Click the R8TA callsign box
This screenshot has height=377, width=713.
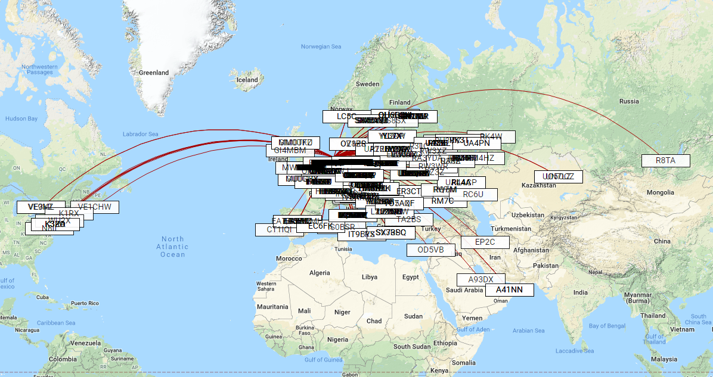pyautogui.click(x=665, y=160)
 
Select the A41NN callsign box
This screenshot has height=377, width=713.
pyautogui.click(x=509, y=290)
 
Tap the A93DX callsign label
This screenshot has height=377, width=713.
pyautogui.click(x=480, y=279)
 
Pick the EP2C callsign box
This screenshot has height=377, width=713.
pyautogui.click(x=485, y=242)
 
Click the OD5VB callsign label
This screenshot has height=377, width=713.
pyautogui.click(x=430, y=250)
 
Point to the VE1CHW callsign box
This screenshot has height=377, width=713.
pyautogui.click(x=94, y=207)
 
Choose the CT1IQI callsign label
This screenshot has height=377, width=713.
pyautogui.click(x=279, y=229)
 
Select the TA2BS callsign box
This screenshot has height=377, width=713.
pyautogui.click(x=408, y=219)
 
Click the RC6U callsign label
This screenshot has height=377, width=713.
pyautogui.click(x=473, y=194)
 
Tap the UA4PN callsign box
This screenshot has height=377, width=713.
pyautogui.click(x=476, y=143)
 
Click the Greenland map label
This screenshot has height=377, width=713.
pyautogui.click(x=154, y=73)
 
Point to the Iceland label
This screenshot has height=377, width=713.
pyautogui.click(x=247, y=80)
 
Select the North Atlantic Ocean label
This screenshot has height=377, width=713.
pyautogui.click(x=172, y=247)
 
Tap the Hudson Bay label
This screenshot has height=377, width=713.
pyautogui.click(x=21, y=119)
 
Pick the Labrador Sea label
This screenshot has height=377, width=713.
pyautogui.click(x=141, y=134)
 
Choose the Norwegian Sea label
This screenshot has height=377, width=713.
pyautogui.click(x=321, y=46)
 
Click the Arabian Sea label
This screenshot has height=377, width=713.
pyautogui.click(x=528, y=331)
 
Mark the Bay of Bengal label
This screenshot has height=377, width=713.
pyautogui.click(x=606, y=326)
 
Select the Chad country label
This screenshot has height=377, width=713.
pyautogui.click(x=374, y=321)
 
